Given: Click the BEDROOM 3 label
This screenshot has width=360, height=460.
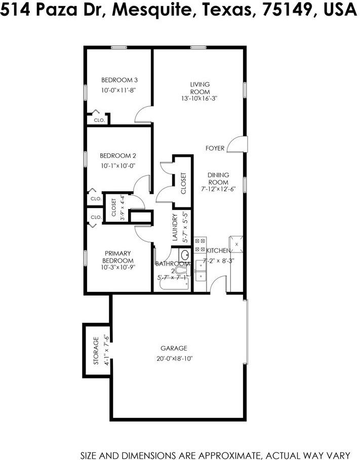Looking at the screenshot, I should [x=119, y=80].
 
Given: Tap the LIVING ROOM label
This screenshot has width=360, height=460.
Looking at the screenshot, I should [x=200, y=88].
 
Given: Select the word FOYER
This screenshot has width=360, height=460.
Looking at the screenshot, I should [x=215, y=148].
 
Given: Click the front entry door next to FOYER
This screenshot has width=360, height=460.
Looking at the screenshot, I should [x=236, y=145].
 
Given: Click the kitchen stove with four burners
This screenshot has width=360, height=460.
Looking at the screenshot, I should [x=199, y=245].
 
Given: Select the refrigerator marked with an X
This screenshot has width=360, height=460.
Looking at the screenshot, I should [x=236, y=243].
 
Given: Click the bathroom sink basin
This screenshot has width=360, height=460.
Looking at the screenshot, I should [x=185, y=254].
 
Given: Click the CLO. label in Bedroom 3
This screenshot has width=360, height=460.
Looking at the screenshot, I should [x=99, y=120].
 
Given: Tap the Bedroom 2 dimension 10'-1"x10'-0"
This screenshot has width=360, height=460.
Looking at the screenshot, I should [x=117, y=166].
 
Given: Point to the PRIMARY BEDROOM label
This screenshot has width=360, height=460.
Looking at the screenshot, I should [x=118, y=257].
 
